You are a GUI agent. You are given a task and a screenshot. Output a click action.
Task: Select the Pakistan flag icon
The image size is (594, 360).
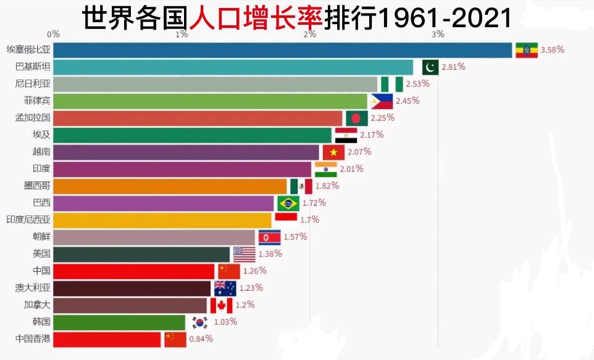coord(430,67)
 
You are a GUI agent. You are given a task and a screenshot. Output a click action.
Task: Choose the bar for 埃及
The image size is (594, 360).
coord(192,135)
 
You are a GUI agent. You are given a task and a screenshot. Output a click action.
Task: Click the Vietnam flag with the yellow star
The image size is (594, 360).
coord(333,152)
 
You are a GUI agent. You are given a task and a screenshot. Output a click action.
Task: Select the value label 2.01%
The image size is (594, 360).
coord(352,169)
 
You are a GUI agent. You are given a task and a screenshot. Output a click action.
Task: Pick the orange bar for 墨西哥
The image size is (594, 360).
coord(170,186)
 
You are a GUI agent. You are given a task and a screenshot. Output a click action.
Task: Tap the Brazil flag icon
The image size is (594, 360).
coord(288,203)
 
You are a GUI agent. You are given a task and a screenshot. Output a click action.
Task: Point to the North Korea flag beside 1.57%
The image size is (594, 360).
coord(269,237)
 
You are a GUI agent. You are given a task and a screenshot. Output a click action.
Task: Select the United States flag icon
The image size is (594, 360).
coord(244,254)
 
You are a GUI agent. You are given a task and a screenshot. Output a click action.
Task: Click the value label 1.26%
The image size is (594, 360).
coord(254,270)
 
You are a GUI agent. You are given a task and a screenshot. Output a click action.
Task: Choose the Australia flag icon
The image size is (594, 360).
coord(225,288)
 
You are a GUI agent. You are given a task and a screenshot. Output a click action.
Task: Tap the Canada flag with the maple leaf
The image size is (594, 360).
coord(221,305)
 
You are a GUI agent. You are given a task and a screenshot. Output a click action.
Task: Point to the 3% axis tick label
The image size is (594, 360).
coord(438,34)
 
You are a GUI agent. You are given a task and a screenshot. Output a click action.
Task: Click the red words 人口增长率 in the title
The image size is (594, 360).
coord(256,18)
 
